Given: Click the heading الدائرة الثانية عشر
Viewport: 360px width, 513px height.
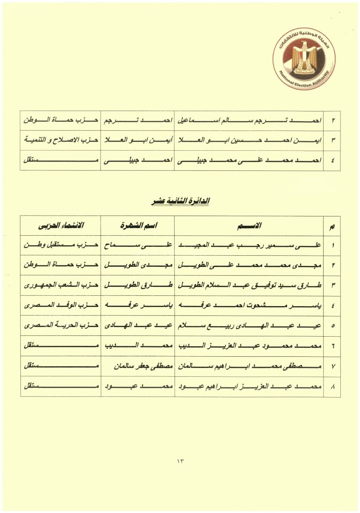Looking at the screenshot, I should pos(180,201).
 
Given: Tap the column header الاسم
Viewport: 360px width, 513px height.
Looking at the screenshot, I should pos(249,226).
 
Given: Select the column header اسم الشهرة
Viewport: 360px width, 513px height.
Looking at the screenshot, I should pos(138,226).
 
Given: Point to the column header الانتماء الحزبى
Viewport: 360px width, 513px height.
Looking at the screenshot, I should pos(60,226).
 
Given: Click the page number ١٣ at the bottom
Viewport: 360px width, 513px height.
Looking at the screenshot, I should pos(180,461).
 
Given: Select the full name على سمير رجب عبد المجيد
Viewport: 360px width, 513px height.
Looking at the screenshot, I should pos(249,246).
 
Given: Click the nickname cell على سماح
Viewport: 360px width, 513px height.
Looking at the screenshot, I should pos(138,246).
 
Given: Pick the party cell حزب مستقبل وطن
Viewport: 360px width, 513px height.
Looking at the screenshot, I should pos(60,246).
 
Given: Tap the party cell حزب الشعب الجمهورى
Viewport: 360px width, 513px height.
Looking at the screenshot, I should pos(60,286).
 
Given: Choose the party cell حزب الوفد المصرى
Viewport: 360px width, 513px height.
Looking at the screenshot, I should pos(60,306).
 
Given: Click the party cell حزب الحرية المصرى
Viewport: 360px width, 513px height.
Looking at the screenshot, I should pos(60,326).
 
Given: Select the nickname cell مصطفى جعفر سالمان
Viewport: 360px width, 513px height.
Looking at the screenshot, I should pos(138,366).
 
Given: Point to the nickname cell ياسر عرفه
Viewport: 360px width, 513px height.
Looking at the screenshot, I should pos(138,306).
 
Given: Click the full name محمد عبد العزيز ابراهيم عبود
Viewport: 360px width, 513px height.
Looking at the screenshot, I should pos(249,386).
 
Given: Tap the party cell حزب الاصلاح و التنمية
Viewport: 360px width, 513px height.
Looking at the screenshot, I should pos(60,141).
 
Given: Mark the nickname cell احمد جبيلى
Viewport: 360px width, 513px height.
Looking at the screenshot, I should pos(138,161).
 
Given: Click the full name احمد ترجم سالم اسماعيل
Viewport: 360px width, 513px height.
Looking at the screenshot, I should pos(249,121).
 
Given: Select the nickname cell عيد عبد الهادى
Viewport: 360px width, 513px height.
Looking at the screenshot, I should pos(138,326).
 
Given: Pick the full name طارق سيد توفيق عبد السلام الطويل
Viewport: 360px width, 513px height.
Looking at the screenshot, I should pos(249,286).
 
